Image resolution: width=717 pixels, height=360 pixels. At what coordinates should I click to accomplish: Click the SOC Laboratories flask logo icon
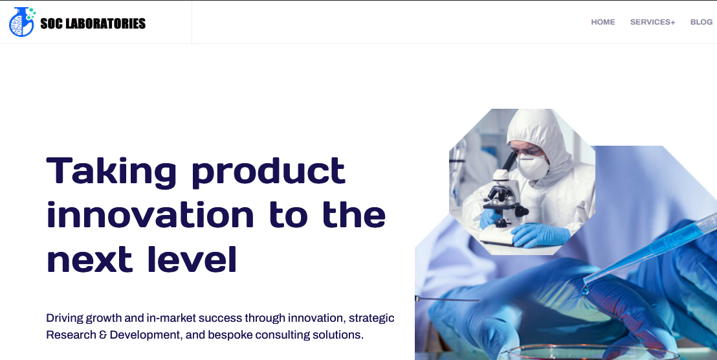21,22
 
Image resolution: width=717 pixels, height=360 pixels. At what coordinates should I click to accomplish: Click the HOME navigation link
603,22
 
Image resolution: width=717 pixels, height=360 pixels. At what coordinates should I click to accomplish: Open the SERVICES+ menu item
652,22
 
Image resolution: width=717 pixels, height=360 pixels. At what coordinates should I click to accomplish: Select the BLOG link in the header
701,22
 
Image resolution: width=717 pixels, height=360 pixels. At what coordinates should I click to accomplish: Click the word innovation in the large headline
150,215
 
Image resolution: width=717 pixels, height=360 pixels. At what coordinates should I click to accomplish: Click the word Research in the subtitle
71,335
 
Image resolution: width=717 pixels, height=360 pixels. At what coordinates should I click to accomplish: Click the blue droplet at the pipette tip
585,292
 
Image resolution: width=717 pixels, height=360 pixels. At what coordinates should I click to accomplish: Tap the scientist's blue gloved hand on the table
540,234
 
